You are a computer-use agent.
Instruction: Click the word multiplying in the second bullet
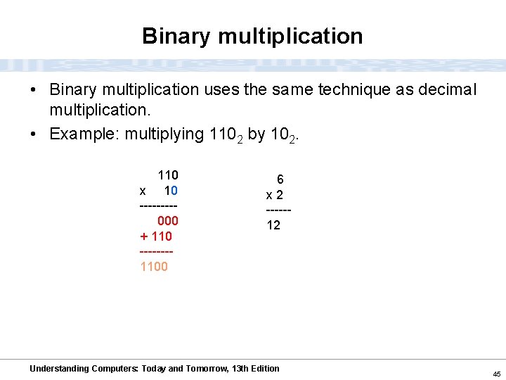point(164,134)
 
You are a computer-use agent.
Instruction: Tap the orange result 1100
point(154,267)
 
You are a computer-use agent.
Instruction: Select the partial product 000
point(167,221)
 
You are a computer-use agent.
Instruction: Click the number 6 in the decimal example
point(280,179)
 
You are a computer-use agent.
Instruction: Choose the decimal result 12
point(273,225)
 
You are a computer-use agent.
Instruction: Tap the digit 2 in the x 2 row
point(279,195)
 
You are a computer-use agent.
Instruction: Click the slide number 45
point(496,374)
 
